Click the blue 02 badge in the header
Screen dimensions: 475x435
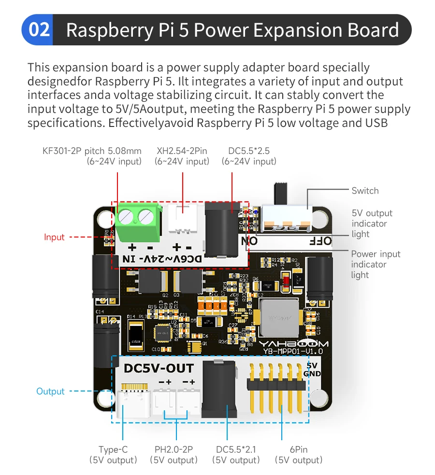coord(39,30)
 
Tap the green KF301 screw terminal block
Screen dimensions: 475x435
coord(138,222)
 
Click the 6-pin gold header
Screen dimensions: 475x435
coord(276,384)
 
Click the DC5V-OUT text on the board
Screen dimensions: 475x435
coord(159,368)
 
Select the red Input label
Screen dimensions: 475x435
coord(54,237)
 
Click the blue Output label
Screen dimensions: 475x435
coord(50,391)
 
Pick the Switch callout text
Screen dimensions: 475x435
coord(365,191)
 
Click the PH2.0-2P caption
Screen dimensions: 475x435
coord(174,449)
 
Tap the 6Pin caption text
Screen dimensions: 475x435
coord(298,449)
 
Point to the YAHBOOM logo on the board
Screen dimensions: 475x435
coord(293,344)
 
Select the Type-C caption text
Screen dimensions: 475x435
coord(113,449)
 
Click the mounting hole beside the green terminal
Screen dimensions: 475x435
coord(105,219)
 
